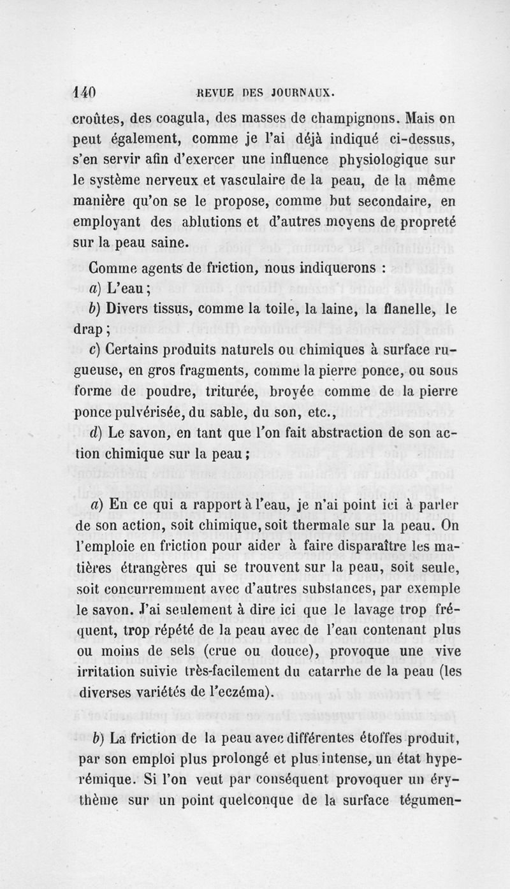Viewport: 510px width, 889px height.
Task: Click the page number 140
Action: (x=84, y=93)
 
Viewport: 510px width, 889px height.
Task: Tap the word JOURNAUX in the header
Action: (x=302, y=93)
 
